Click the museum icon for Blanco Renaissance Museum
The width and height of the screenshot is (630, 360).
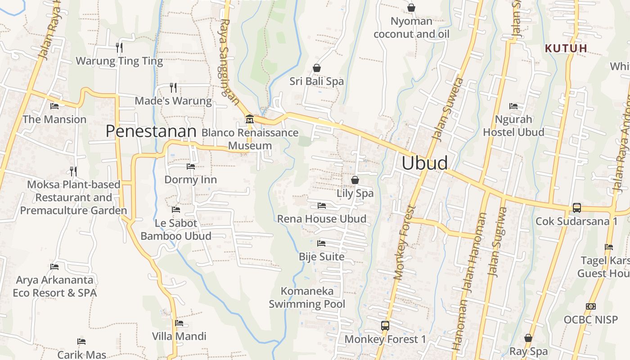click(249, 119)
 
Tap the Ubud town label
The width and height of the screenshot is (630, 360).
click(424, 163)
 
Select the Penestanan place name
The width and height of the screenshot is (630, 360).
click(151, 131)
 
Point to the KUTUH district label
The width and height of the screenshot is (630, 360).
click(566, 48)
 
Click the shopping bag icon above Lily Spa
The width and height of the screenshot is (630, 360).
click(355, 180)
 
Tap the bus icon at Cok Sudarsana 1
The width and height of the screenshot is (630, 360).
click(576, 208)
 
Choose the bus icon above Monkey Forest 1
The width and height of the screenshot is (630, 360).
click(385, 325)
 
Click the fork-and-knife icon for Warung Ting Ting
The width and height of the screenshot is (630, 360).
click(119, 47)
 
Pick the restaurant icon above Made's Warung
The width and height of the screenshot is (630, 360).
click(173, 87)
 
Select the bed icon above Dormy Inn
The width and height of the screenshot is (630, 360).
click(191, 166)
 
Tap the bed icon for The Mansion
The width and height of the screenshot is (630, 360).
click(54, 106)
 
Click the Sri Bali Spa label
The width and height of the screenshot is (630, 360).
click(316, 81)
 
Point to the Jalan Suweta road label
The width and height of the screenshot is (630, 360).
click(447, 108)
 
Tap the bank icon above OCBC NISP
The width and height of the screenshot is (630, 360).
click(591, 306)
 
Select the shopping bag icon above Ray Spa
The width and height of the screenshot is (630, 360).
click(528, 338)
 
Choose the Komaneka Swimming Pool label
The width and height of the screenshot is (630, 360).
click(307, 297)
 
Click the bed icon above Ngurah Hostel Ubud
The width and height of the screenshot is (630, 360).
click(513, 106)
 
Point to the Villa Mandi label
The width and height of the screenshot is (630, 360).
click(179, 336)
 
